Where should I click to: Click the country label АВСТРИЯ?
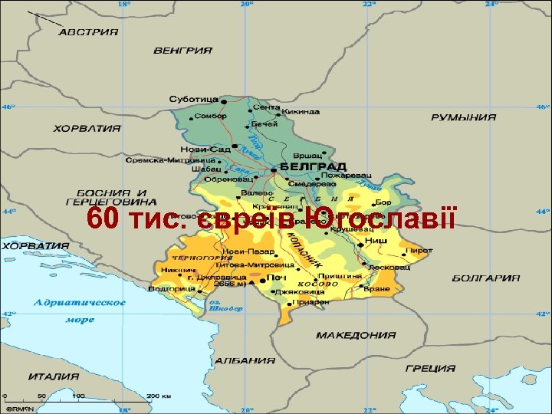point(89,32)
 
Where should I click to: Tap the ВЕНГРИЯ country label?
point(182,51)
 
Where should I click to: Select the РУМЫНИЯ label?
point(463,117)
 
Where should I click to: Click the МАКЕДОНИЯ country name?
point(356,335)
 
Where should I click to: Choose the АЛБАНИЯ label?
point(245,360)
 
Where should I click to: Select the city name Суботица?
point(193,100)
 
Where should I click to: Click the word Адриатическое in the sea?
point(79,302)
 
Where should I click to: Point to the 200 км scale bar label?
point(159,396)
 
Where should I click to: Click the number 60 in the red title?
point(101,219)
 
